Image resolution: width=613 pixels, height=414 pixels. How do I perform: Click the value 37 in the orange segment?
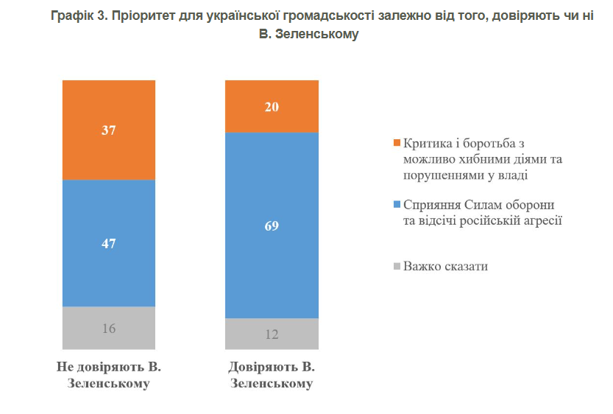click(109, 130)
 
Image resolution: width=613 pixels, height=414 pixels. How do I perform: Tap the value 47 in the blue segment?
click(109, 244)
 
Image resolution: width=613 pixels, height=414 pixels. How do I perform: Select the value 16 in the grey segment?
click(109, 329)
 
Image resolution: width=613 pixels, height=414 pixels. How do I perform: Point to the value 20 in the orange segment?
click(272, 107)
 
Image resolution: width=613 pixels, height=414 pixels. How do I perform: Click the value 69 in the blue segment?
click(272, 225)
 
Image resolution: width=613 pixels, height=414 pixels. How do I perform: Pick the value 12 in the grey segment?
click(272, 334)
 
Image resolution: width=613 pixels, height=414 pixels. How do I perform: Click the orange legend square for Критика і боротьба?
click(397, 142)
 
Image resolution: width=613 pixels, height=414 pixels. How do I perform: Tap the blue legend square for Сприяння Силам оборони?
click(397, 204)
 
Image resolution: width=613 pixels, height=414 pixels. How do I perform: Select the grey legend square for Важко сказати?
click(397, 266)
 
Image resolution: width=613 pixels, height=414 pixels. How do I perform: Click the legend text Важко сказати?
click(445, 266)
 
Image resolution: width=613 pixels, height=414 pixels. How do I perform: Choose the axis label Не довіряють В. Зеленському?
click(109, 375)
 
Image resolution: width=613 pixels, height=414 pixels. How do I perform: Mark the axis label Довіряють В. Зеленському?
click(272, 375)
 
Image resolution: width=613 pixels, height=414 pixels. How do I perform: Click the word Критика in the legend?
click(427, 142)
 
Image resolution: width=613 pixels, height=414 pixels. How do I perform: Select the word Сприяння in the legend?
click(429, 204)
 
